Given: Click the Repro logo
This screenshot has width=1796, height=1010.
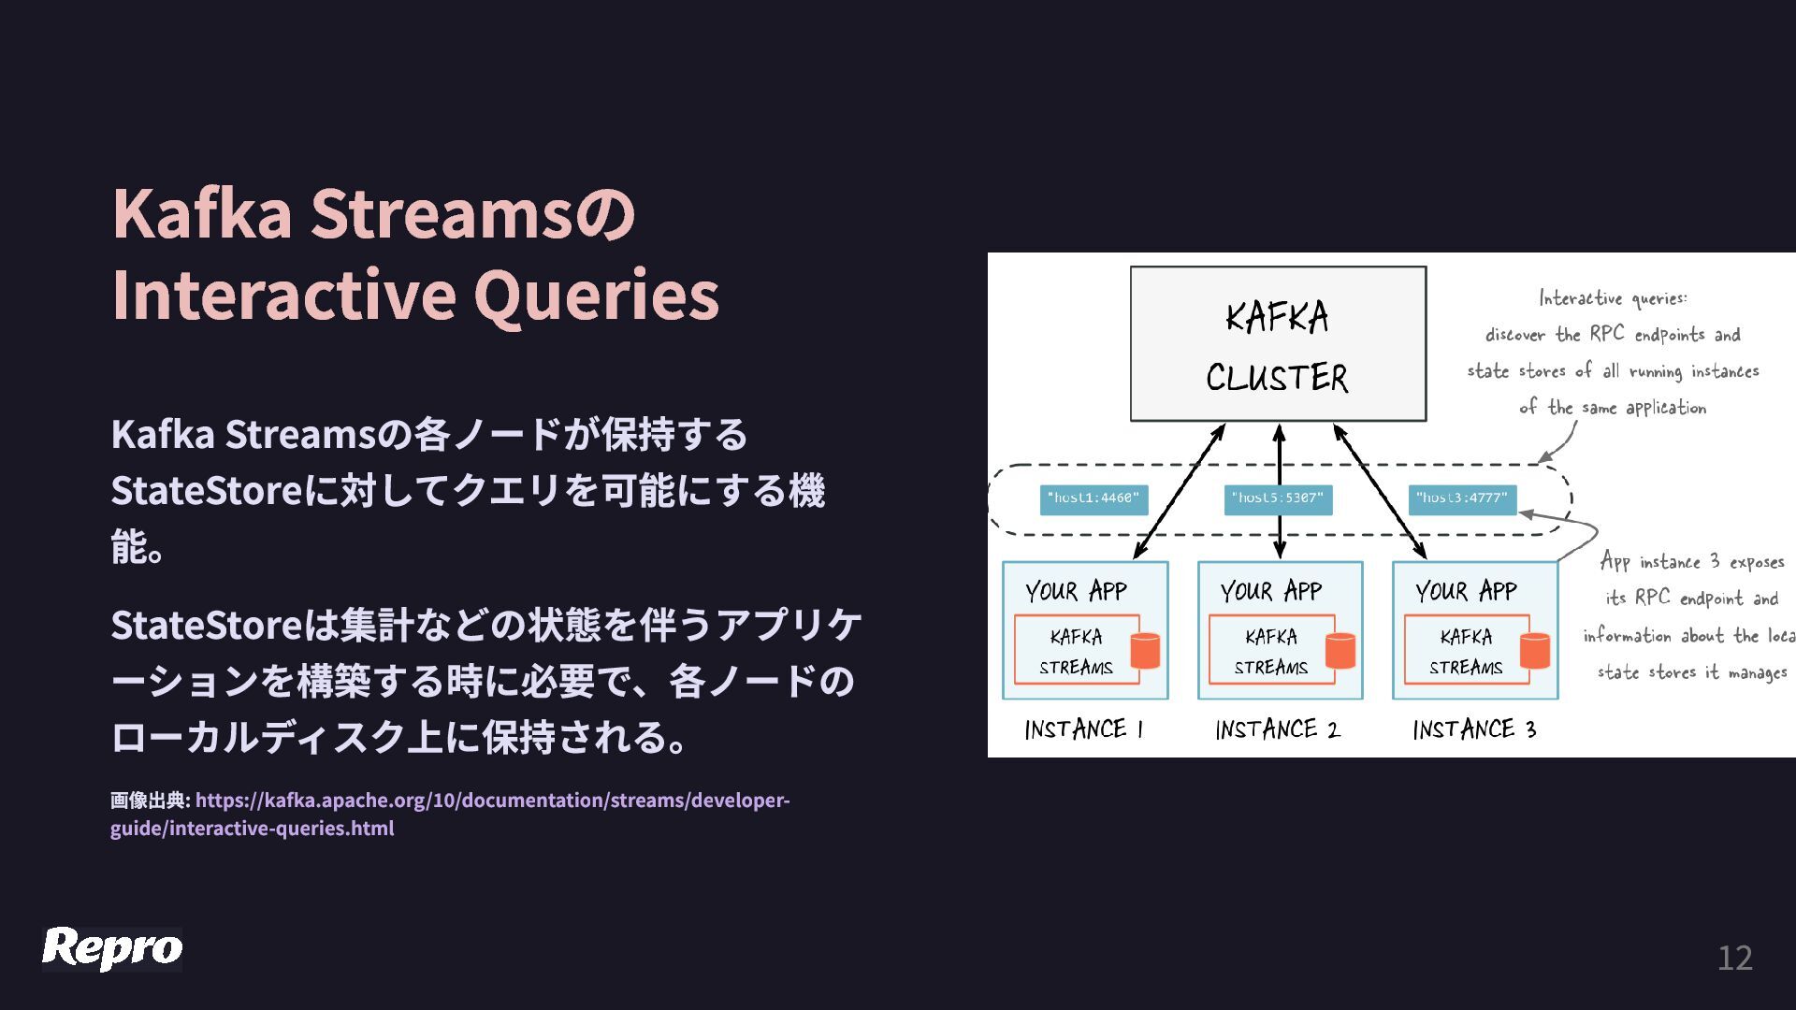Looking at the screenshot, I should (x=112, y=948).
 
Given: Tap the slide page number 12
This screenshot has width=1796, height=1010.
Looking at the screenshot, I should (x=1734, y=958).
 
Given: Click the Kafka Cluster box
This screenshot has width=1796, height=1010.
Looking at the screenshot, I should (x=1278, y=344).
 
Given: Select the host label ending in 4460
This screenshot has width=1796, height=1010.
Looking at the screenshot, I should (x=1094, y=499).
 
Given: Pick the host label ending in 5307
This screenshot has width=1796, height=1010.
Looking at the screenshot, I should (x=1278, y=499).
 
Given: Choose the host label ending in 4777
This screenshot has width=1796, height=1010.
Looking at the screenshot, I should (x=1462, y=499).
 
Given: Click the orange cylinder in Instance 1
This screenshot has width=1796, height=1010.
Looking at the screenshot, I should (x=1145, y=650).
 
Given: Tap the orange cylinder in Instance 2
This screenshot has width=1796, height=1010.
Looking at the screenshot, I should (x=1340, y=650).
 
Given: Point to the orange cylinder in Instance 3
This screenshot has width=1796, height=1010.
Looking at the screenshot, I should (x=1535, y=650).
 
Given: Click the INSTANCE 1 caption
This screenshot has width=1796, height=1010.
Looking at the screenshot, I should (x=1084, y=729).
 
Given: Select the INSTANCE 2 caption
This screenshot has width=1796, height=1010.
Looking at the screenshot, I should (x=1278, y=729).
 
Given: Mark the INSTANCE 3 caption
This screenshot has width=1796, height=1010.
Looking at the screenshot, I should (x=1474, y=729).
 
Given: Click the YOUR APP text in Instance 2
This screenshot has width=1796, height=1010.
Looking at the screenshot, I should (x=1271, y=591).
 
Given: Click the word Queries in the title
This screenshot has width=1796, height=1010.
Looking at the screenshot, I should (x=596, y=295).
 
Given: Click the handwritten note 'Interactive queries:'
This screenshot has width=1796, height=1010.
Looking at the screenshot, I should (x=1614, y=298).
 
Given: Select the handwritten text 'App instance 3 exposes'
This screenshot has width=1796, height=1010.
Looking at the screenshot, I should (x=1691, y=561).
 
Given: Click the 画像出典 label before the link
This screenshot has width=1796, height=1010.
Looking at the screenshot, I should (x=150, y=801).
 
